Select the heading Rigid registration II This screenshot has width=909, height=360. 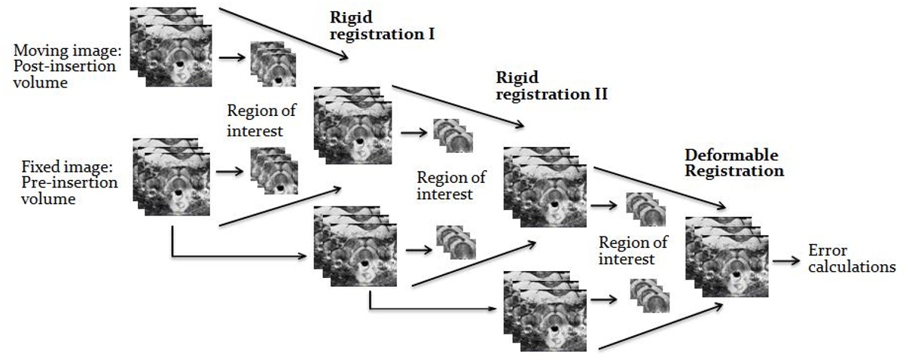click(551, 87)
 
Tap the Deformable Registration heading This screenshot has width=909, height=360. click(734, 163)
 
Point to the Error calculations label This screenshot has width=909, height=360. click(851, 258)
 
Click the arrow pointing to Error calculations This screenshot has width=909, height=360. click(788, 261)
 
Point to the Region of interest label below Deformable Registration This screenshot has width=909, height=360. click(633, 251)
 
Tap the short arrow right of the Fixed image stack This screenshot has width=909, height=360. click(230, 172)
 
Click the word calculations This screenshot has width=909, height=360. click(851, 267)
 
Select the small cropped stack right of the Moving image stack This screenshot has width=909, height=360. click(273, 65)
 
